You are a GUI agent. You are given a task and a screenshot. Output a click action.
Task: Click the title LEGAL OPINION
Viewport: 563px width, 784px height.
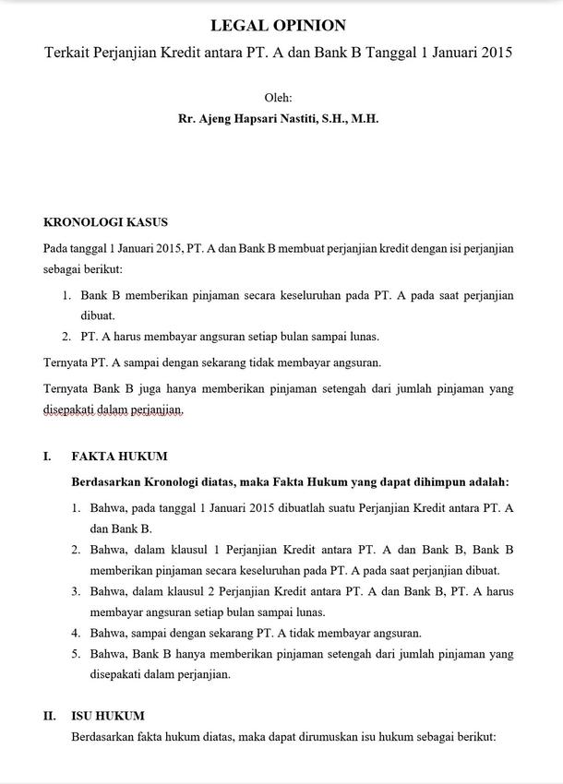point(278,26)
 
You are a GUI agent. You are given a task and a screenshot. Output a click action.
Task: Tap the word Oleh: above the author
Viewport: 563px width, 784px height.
point(278,97)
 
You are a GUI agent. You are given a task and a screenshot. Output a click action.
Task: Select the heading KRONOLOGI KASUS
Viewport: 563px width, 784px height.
point(105,222)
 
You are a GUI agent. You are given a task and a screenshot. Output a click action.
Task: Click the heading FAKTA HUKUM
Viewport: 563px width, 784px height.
point(119,457)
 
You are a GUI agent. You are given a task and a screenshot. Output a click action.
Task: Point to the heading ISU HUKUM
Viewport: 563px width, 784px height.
point(108,716)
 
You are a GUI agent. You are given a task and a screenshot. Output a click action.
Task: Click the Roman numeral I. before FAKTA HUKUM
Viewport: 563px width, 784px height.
point(47,457)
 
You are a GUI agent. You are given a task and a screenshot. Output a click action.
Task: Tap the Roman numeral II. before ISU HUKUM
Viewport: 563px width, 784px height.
point(50,716)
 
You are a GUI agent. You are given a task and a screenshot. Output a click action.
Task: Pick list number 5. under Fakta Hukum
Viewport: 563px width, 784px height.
point(77,654)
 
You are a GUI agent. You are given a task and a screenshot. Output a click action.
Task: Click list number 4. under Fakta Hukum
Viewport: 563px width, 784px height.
point(77,633)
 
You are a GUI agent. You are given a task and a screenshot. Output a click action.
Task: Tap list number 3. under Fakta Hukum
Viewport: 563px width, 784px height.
point(77,591)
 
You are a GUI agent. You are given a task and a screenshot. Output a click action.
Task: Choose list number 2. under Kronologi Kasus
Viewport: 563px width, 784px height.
point(67,337)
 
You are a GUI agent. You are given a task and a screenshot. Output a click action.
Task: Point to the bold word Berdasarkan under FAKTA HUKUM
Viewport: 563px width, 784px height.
point(105,481)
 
